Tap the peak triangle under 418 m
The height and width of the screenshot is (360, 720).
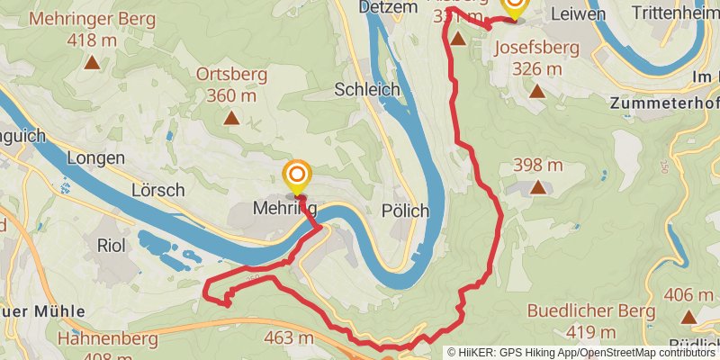tap(92, 63)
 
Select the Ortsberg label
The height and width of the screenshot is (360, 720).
tap(231, 75)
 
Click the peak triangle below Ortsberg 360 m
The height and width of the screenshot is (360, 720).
tap(231, 117)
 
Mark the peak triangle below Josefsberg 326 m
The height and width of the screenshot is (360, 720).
tap(537, 91)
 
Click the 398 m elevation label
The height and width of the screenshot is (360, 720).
tap(537, 165)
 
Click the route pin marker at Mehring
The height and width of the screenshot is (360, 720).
tap(296, 174)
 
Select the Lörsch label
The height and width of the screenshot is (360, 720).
tap(157, 190)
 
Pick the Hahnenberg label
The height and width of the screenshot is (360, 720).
tap(107, 339)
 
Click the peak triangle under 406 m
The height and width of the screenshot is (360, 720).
tap(688, 317)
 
